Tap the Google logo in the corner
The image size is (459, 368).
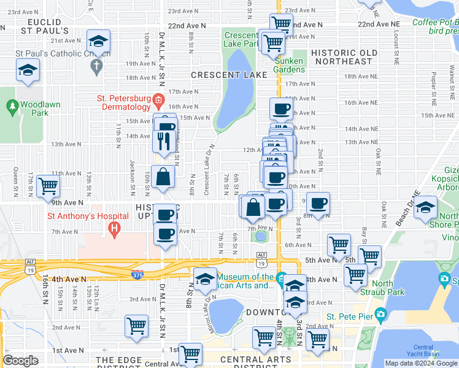click(x=20, y=360)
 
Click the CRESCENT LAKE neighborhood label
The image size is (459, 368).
click(x=229, y=75)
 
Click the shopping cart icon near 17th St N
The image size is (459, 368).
click(x=48, y=185)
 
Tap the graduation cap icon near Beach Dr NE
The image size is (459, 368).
click(x=425, y=207)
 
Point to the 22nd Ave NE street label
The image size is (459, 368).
click(x=379, y=24)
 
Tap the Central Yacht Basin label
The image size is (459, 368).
click(x=423, y=351)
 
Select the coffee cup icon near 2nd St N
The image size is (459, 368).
click(x=318, y=203)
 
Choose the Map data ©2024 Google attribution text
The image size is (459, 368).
click(x=421, y=363)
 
